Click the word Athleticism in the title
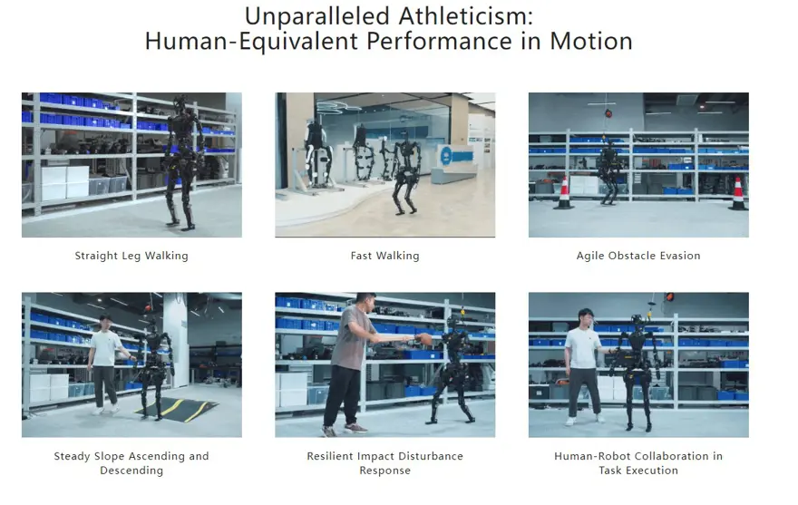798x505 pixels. [466, 15]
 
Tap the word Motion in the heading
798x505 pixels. [591, 41]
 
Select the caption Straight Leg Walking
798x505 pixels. [131, 256]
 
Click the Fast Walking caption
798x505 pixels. [384, 256]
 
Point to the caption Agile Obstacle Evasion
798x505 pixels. [638, 256]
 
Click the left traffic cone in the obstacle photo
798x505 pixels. [564, 192]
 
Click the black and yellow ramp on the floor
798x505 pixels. [177, 409]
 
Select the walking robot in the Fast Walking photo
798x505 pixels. [406, 172]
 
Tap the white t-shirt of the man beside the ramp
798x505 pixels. [106, 348]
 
